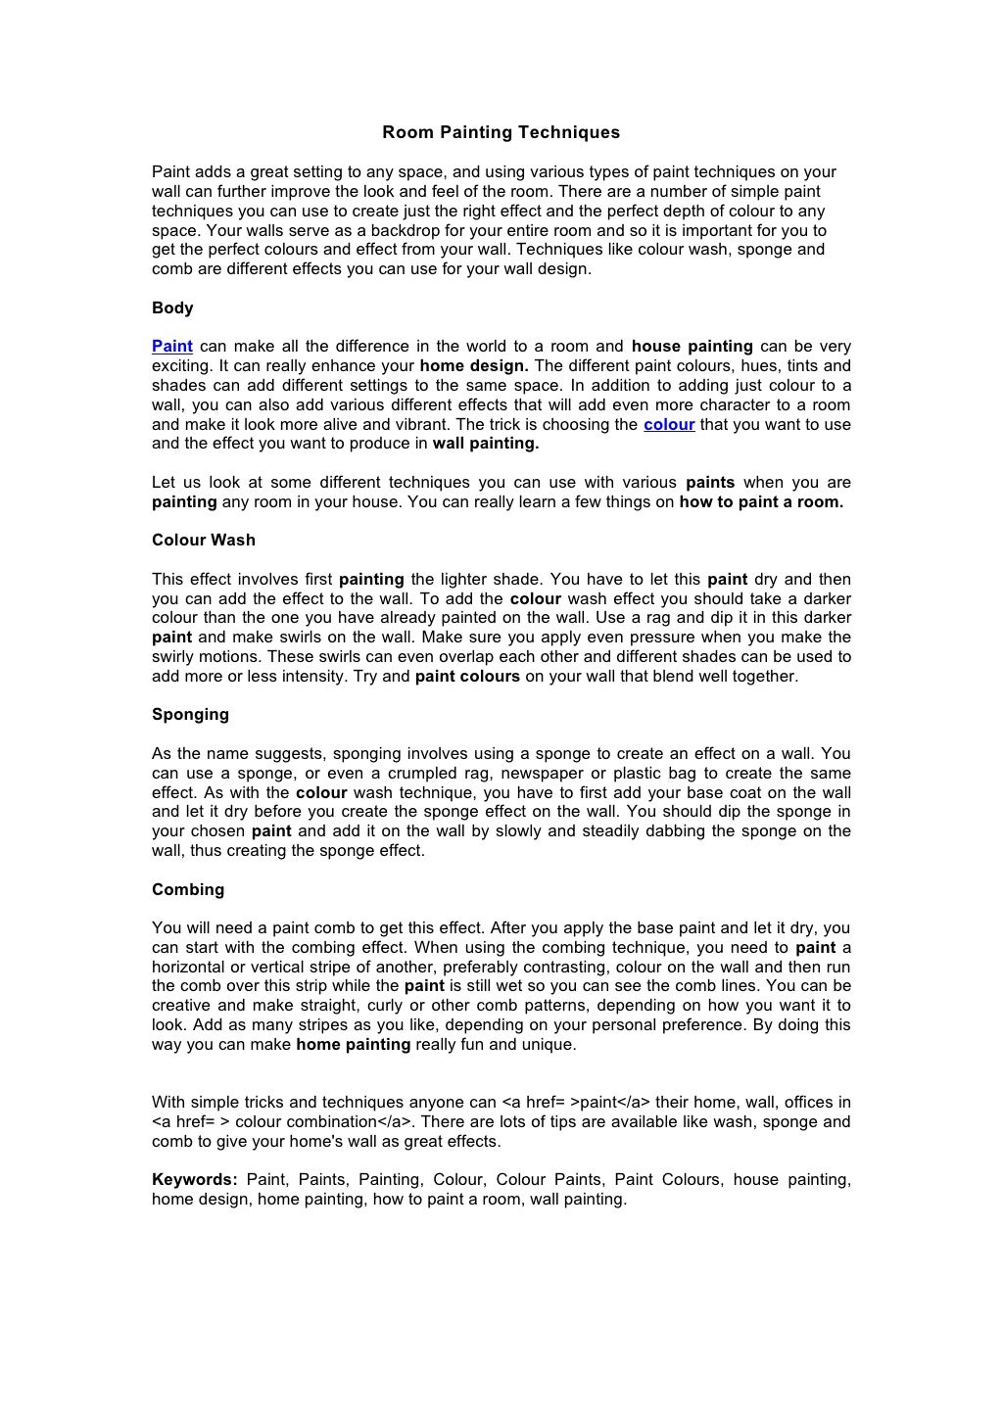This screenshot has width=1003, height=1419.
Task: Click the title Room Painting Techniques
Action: click(x=501, y=132)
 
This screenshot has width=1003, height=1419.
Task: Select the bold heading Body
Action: click(x=172, y=307)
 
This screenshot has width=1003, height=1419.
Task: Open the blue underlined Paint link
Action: click(x=172, y=347)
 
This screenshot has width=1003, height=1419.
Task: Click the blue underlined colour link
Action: click(x=669, y=424)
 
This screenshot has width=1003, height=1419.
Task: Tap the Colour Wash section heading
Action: click(x=204, y=540)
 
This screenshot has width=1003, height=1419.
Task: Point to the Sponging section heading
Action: click(x=190, y=715)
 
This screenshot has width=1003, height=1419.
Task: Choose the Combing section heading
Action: click(x=188, y=889)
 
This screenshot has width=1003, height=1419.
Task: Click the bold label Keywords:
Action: click(x=195, y=1180)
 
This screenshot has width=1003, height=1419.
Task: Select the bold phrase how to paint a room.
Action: click(x=761, y=502)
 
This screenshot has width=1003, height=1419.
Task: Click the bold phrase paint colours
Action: click(x=467, y=676)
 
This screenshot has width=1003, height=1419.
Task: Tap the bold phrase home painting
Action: click(x=353, y=1045)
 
